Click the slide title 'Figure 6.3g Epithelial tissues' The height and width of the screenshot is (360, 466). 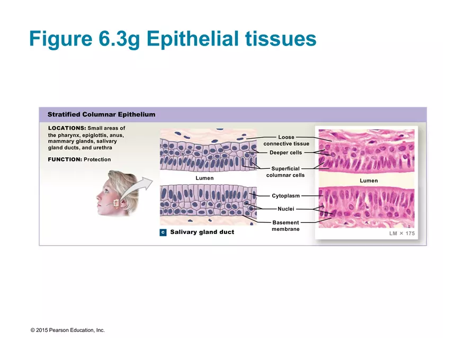[173, 38]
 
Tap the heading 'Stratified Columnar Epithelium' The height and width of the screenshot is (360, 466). [101, 114]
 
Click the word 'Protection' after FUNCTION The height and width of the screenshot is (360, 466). [97, 159]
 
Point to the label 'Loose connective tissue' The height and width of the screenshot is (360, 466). [286, 140]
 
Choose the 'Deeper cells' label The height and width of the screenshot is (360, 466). [285, 152]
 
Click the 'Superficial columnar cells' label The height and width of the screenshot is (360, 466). [285, 172]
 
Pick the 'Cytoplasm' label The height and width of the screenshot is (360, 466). [285, 196]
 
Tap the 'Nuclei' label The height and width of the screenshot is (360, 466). [285, 209]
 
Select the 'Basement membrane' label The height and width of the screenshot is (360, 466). [285, 226]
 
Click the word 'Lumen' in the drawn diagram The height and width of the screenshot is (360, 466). [204, 178]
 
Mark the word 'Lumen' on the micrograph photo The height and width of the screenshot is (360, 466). [369, 181]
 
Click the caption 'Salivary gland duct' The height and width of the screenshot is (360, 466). [202, 232]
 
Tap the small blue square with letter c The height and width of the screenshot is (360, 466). [163, 232]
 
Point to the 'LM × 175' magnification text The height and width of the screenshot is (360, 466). [402, 233]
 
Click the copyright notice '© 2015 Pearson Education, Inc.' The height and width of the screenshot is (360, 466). [68, 330]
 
